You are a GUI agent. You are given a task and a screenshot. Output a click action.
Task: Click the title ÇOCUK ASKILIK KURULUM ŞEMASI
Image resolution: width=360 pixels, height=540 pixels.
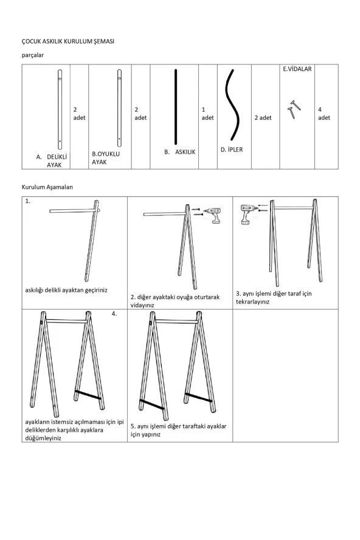coord(68,41)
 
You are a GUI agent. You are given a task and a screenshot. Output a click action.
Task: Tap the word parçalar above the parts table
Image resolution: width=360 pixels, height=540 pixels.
coord(33,55)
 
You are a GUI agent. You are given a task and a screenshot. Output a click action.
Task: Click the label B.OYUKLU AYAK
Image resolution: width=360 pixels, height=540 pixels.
coord(106,157)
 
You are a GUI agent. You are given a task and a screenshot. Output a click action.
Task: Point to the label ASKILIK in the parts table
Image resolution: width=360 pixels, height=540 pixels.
coord(185,152)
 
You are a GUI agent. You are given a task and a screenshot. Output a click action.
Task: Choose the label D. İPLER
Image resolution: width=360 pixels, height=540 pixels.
coord(232,150)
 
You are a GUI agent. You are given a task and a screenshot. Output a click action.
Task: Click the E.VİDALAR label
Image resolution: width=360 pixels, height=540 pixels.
coord(297,69)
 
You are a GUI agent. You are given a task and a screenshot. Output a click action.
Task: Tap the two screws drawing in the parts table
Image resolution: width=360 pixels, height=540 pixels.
coord(294,109)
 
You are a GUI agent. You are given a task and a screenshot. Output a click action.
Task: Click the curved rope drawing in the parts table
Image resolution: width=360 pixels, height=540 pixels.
coord(232,105)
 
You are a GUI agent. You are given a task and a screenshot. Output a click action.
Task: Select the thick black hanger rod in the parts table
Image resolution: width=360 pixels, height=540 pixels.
coord(176,107)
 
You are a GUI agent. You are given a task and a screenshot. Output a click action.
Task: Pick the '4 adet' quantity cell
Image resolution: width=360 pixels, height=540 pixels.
coord(324,114)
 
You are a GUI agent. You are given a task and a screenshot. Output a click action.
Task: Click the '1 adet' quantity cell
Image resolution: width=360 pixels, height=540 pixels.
coord(207,114)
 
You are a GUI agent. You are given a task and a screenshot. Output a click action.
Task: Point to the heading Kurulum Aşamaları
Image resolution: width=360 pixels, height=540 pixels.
coord(47,187)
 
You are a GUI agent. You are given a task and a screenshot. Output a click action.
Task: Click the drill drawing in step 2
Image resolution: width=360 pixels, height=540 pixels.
coord(213,215)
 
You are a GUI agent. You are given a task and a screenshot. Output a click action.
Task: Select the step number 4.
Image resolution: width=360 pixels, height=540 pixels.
coord(114,314)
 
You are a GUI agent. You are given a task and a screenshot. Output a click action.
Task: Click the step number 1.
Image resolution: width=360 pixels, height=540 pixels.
coord(27,201)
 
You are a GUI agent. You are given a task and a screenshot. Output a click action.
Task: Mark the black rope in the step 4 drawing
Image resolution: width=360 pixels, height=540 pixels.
coord(88,395)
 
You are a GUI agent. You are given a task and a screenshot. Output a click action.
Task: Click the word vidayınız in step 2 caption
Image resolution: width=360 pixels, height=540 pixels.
coord(142,305)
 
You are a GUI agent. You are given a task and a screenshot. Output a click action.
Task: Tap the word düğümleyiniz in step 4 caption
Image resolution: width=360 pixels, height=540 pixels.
coord(43,438)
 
